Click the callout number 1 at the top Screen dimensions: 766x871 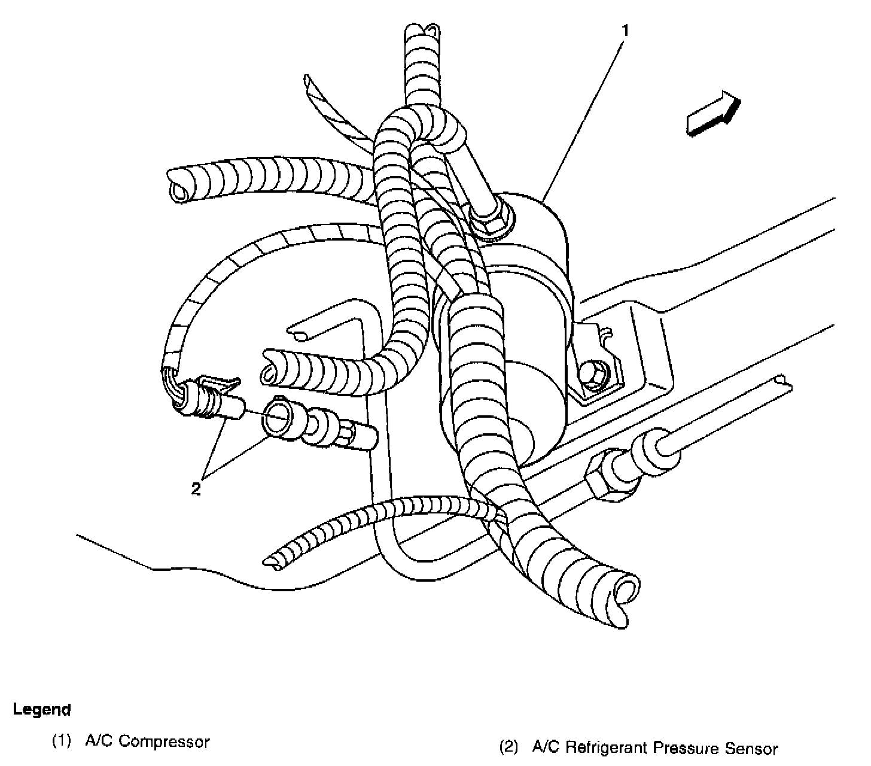625,31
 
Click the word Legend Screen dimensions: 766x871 42,710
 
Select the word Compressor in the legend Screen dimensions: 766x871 165,742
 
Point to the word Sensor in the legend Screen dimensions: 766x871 752,748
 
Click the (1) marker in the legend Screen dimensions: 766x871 62,742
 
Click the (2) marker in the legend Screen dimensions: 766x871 508,748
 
